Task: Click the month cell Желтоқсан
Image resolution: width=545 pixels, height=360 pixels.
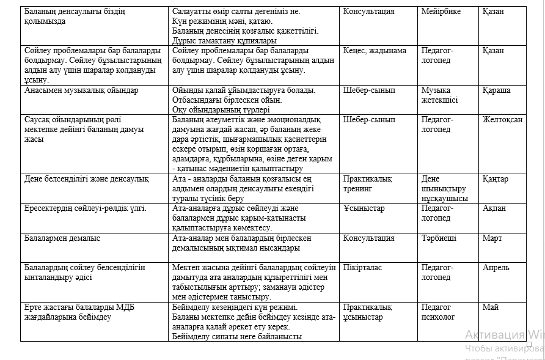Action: pyautogui.click(x=502, y=120)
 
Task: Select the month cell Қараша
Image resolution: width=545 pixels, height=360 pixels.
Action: pyautogui.click(x=496, y=90)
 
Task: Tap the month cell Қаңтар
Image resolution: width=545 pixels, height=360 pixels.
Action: pyautogui.click(x=495, y=179)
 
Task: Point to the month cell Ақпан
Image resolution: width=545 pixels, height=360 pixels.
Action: pyautogui.click(x=494, y=208)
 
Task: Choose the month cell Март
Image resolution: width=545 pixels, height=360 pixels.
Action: pyautogui.click(x=492, y=238)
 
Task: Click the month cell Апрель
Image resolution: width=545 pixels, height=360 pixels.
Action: pyautogui.click(x=496, y=268)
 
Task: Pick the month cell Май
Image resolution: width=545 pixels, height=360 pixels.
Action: pyautogui.click(x=490, y=307)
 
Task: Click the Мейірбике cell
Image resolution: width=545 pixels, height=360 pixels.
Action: pyautogui.click(x=441, y=12)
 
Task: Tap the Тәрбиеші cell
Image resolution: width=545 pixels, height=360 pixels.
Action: pyautogui.click(x=439, y=238)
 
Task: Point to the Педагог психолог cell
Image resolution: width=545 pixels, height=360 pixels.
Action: pyautogui.click(x=438, y=312)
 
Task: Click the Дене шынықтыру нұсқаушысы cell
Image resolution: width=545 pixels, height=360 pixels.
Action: pyautogui.click(x=444, y=188)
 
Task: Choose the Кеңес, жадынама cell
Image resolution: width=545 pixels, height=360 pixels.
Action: pyautogui.click(x=375, y=51)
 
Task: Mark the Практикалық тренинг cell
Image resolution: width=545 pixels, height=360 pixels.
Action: pyautogui.click(x=367, y=183)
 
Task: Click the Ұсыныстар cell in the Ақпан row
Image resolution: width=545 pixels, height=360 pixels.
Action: pyautogui.click(x=364, y=208)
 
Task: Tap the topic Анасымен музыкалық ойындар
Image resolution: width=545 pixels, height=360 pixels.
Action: pyautogui.click(x=81, y=90)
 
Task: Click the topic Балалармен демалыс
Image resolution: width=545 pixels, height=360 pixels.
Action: pyautogui.click(x=62, y=238)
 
